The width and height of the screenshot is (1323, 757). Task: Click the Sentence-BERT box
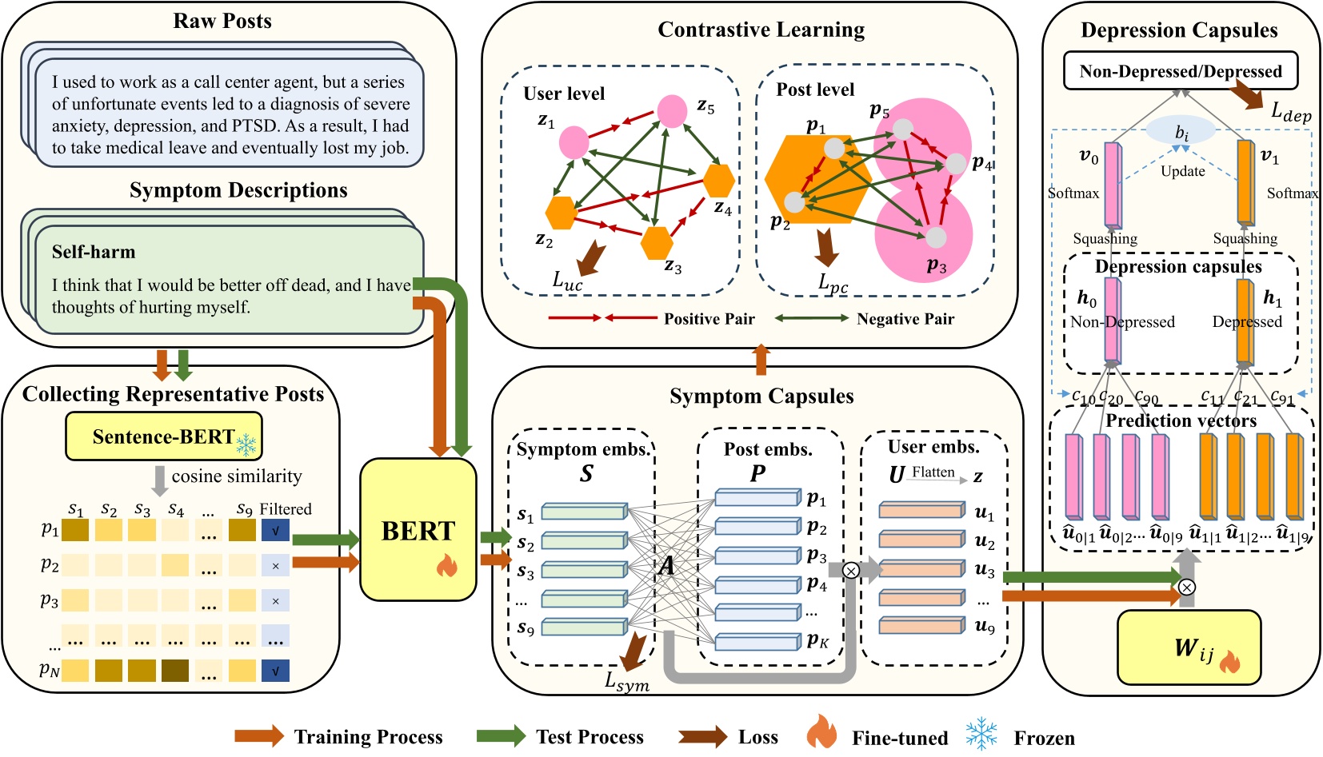163,436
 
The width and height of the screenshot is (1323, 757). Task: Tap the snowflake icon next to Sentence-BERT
246,444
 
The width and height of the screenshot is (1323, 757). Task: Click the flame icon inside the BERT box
446,566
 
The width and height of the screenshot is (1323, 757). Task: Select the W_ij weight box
1188,647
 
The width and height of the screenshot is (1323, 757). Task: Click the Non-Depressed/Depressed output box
1180,71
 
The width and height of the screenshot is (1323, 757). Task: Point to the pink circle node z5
672,111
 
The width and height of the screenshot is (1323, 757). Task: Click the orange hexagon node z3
657,243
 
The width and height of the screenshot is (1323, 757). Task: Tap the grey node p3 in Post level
936,237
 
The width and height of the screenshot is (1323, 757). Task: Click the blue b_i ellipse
1181,131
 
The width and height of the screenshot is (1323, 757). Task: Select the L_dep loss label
1291,112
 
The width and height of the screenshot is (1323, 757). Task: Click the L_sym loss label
626,682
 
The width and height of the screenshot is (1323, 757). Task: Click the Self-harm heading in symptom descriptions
94,252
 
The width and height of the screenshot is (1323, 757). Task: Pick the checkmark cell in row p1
275,530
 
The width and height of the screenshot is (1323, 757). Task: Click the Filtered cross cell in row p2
275,565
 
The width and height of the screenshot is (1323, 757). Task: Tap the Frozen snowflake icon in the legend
981,734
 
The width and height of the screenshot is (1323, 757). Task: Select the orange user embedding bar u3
921,568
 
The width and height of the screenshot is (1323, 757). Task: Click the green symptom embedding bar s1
584,511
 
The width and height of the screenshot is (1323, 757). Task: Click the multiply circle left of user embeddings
851,570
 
